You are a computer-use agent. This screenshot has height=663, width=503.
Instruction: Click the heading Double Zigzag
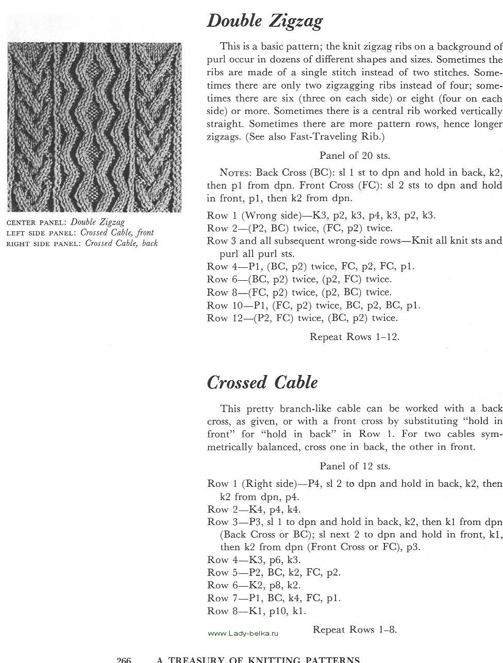pos(264,21)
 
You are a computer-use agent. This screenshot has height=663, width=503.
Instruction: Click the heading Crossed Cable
pos(262,382)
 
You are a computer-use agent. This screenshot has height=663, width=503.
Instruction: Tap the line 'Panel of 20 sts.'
pos(355,155)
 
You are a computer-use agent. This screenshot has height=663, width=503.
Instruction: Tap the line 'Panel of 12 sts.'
pos(355,466)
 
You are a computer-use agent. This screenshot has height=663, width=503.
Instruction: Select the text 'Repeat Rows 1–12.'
pos(355,337)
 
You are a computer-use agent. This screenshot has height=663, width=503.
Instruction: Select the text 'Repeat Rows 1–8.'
pos(355,629)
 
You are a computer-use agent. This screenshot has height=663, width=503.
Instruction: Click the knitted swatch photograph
pos(95,127)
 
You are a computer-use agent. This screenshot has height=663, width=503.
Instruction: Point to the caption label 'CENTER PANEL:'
pos(36,223)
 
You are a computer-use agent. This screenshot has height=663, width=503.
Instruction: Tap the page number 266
pos(124,659)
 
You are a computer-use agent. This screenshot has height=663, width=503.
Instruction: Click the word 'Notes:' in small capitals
pos(236,173)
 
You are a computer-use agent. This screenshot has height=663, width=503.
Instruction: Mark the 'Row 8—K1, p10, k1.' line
pos(256,611)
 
